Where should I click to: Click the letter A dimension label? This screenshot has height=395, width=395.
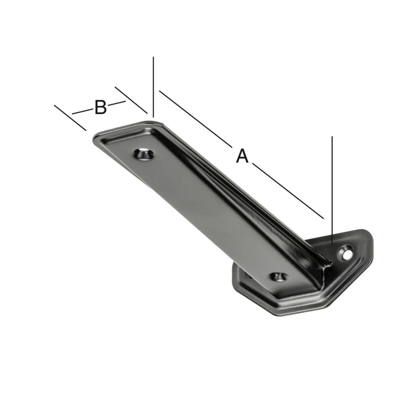pos(242,156)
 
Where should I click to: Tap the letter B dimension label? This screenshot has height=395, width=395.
pos(100,107)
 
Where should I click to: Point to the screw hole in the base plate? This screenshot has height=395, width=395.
pos(347,252)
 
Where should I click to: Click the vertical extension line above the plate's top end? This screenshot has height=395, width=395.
pos(153,87)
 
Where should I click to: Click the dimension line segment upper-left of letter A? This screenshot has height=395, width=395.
pos(195,118)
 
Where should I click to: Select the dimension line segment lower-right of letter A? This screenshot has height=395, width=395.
pos(288,191)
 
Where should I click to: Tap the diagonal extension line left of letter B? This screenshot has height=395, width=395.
pos(70,118)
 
